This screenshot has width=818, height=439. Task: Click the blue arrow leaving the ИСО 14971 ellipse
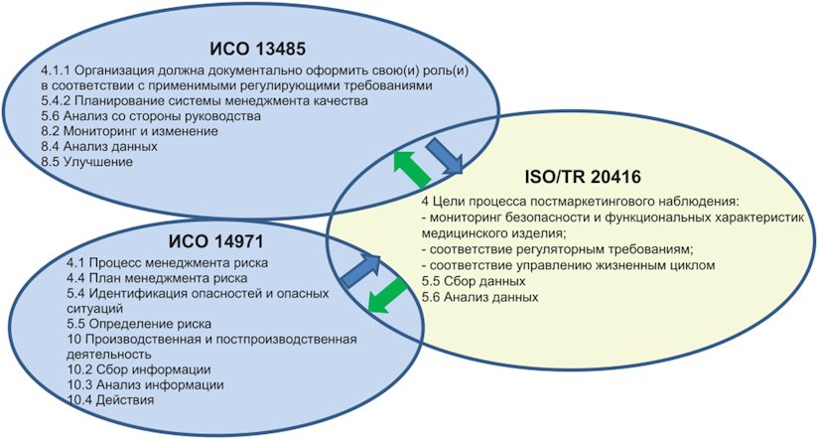[362, 266]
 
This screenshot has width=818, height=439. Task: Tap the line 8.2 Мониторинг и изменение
[135, 131]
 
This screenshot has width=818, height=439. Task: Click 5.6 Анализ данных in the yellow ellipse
[475, 297]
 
